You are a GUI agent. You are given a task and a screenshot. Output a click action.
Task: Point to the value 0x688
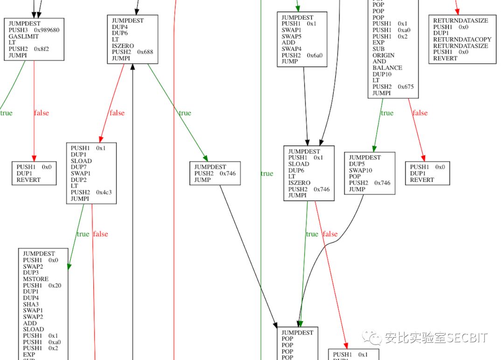tap(145, 52)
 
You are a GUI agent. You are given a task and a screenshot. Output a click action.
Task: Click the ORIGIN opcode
tap(384, 55)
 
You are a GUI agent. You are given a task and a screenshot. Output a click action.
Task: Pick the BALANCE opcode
tap(387, 68)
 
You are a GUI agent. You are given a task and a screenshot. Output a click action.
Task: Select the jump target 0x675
tap(406, 86)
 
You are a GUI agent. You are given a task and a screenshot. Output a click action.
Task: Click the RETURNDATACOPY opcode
tap(462, 40)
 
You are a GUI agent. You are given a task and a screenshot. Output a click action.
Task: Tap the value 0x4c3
tap(104, 192)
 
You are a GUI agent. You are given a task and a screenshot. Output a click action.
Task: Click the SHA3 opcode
tap(31, 304)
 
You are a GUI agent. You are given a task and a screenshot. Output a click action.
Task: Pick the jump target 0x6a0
tap(315, 55)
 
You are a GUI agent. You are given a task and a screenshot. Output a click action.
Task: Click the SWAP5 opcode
tap(292, 36)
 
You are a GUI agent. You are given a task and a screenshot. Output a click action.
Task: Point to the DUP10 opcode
tap(382, 74)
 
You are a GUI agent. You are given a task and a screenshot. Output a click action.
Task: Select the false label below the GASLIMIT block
tap(41, 113)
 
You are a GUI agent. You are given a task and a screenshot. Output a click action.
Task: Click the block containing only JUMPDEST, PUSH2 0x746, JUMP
tap(215, 173)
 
